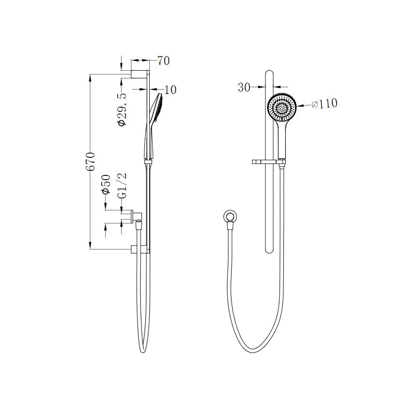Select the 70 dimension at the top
163,61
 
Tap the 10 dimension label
171,90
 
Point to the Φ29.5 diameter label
123,110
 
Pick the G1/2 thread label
123,185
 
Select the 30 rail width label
244,88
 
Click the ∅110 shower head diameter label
325,104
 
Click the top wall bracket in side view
140,74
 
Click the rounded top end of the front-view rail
270,74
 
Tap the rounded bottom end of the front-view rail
270,249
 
